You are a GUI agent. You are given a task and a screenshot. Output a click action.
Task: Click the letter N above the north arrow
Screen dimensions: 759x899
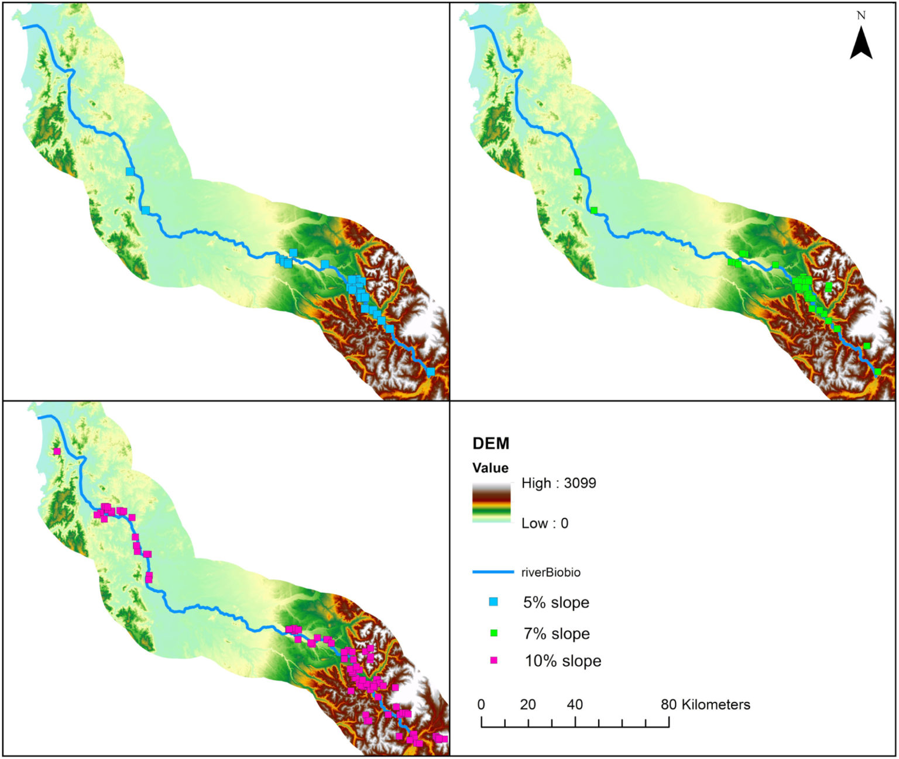tap(861, 16)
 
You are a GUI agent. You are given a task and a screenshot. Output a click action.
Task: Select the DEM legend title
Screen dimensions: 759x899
tap(490, 444)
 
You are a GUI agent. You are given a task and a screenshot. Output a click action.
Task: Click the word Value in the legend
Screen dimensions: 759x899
tap(490, 468)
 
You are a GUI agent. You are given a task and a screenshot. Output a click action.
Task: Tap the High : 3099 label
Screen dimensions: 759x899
tap(558, 484)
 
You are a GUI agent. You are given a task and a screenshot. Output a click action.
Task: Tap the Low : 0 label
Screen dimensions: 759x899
tap(544, 523)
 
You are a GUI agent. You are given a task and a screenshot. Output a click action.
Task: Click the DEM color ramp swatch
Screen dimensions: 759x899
tap(491, 502)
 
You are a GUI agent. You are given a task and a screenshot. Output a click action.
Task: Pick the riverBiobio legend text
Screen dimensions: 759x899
tap(551, 572)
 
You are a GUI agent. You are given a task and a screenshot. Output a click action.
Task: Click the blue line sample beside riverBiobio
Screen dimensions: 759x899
tap(492, 572)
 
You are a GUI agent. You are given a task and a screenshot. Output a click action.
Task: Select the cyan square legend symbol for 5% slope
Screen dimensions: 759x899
tap(493, 602)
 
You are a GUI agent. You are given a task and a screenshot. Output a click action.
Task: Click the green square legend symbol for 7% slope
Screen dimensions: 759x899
tap(493, 633)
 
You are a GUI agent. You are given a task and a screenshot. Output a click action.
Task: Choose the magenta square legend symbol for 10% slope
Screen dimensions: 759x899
tap(493, 661)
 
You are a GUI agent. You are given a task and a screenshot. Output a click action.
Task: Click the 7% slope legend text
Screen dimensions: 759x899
tap(556, 633)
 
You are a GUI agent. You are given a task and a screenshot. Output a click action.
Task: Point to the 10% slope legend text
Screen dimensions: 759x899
tap(562, 661)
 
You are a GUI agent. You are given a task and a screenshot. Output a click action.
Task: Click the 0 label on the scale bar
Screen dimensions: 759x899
tap(481, 705)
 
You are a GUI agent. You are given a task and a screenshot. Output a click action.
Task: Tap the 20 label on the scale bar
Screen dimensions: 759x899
tap(528, 705)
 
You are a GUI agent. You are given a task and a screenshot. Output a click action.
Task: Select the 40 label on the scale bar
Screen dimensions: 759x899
tap(575, 705)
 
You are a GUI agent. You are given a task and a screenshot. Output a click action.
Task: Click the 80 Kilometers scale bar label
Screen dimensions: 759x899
tap(705, 705)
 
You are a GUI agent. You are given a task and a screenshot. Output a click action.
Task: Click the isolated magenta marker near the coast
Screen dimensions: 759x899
tap(57, 451)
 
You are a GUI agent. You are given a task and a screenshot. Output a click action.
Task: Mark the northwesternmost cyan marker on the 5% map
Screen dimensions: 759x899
tap(130, 172)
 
